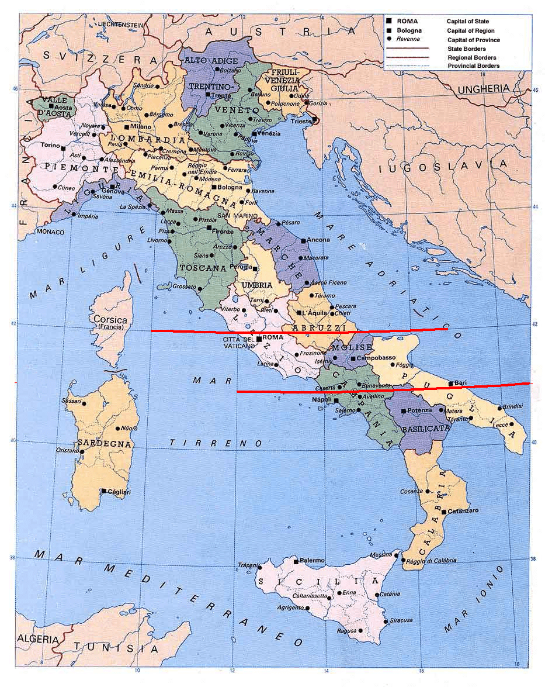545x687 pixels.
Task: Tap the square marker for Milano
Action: (x=126, y=126)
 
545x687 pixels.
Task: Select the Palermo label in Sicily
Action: (x=312, y=560)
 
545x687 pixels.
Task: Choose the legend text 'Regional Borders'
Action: (x=472, y=58)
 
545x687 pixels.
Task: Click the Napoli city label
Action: (x=321, y=399)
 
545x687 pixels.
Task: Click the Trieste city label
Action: (x=301, y=122)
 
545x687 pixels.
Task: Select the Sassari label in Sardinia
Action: (x=72, y=401)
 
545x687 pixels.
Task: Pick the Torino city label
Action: (x=50, y=146)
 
